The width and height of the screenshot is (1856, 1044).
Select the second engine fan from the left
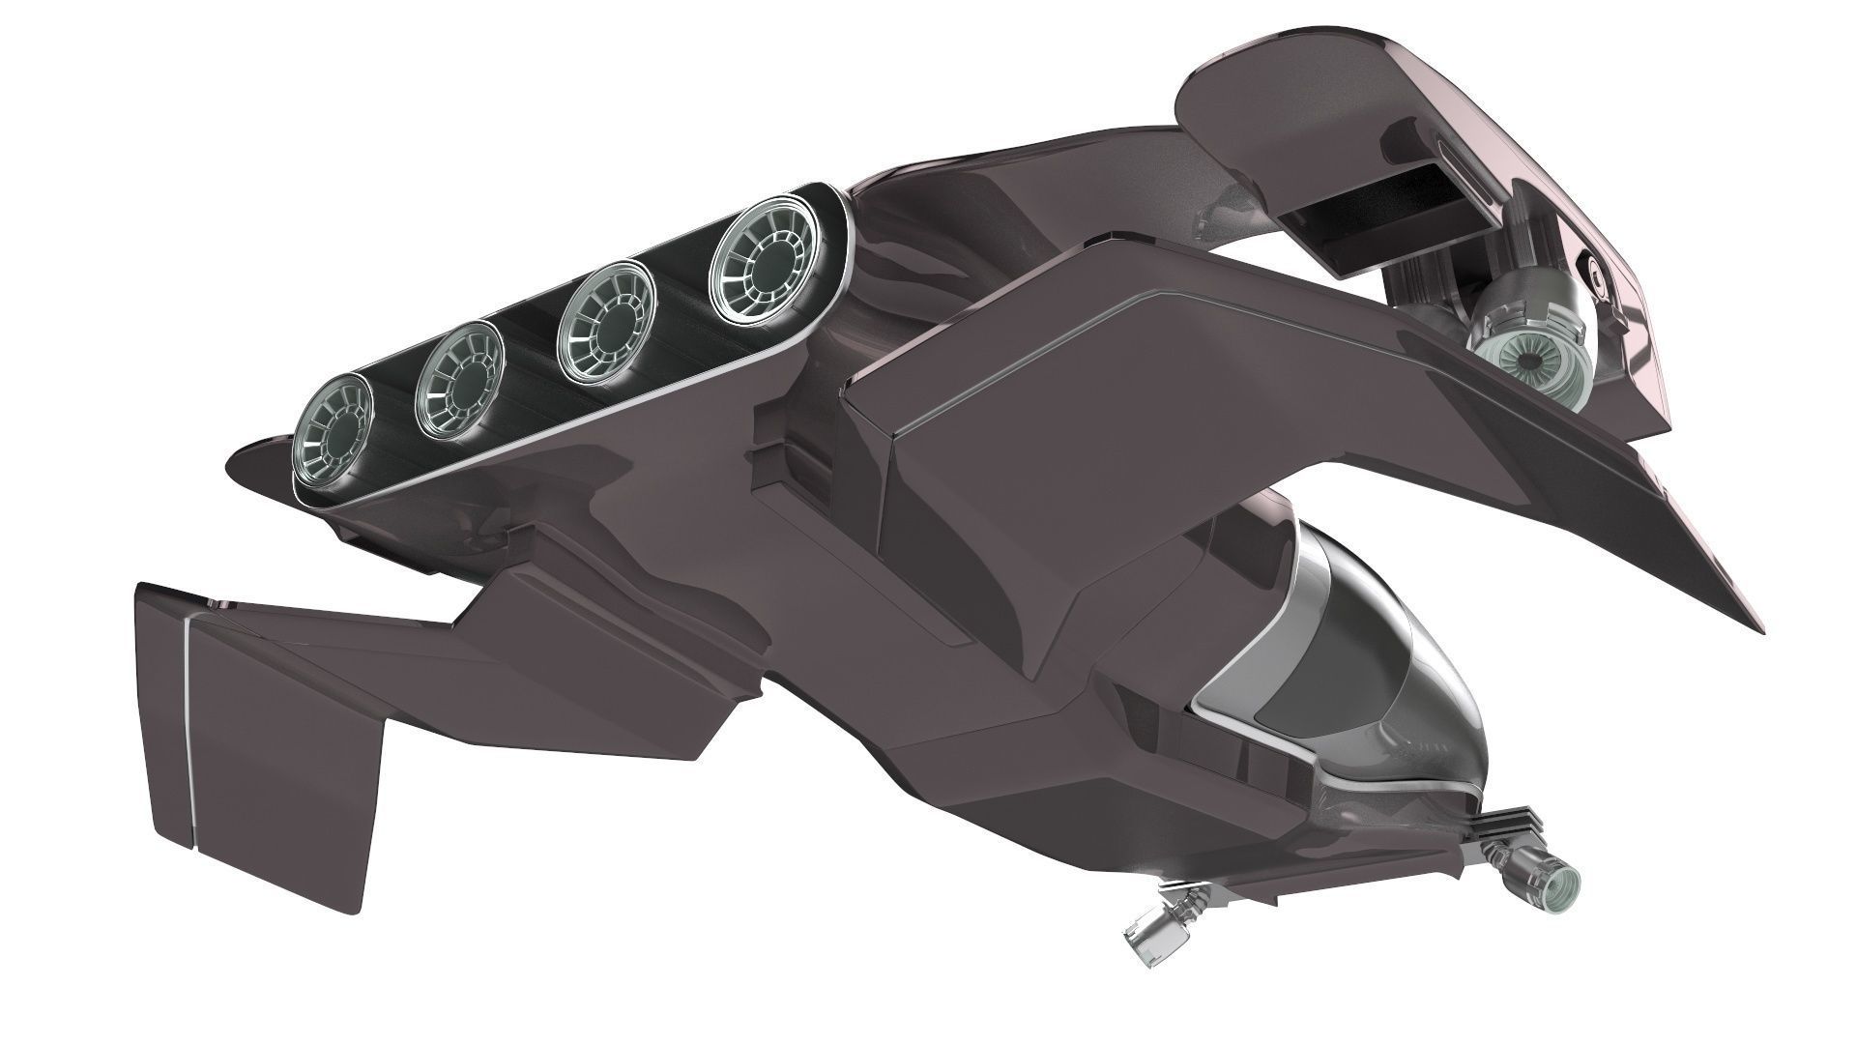[455, 374]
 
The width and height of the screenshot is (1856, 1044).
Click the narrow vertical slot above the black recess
[1448, 154]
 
